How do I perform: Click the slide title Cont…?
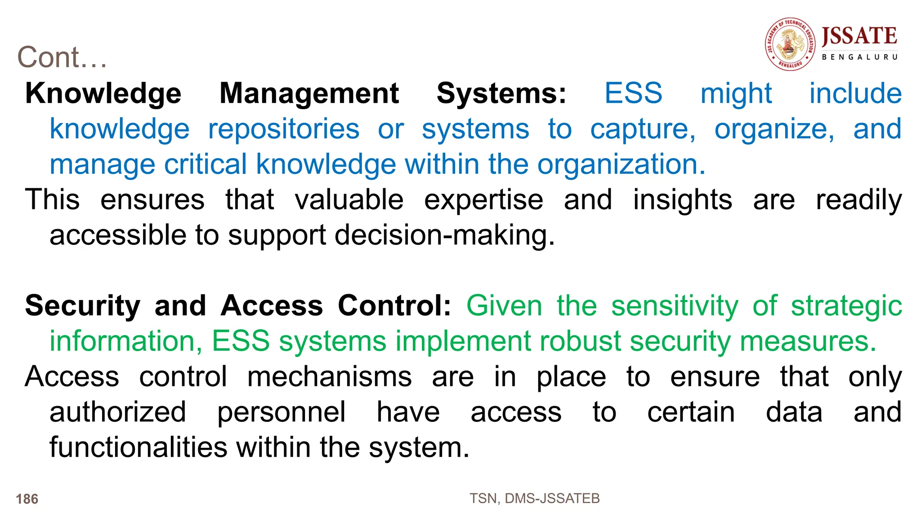62,58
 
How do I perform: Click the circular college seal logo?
790,44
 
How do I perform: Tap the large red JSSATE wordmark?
859,36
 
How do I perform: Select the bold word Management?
309,93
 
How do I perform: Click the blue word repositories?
284,129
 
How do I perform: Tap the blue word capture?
643,129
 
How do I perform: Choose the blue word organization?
621,164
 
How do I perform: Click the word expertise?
483,200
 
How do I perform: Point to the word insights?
683,200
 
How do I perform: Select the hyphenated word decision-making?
445,235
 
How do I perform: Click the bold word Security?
83,306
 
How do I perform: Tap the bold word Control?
394,306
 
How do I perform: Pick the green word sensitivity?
675,306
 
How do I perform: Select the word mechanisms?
329,376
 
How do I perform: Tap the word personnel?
282,412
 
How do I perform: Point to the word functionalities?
139,447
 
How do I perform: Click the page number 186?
27,499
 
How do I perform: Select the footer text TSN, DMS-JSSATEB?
535,499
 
